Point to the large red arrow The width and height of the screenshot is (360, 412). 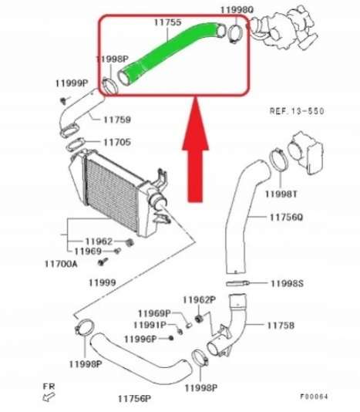(196, 150)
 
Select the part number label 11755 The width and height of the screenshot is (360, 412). (167, 22)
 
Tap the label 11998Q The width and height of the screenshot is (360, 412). (237, 10)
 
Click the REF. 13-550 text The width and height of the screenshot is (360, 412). (297, 111)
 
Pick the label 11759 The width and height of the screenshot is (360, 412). (117, 120)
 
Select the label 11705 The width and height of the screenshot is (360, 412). (117, 143)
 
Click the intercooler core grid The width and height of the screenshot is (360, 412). (112, 194)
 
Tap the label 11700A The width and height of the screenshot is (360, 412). (61, 264)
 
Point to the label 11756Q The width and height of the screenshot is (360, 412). (286, 218)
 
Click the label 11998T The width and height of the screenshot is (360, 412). (281, 194)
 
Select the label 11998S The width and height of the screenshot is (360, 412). (287, 283)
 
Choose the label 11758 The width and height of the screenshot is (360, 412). (281, 326)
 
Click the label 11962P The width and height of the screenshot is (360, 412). (199, 300)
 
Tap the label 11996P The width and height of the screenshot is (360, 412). (140, 339)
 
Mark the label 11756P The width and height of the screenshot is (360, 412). (134, 399)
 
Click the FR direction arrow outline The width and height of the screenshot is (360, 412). (49, 397)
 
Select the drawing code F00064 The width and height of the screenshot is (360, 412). (315, 397)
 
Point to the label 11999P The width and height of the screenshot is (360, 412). (72, 83)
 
